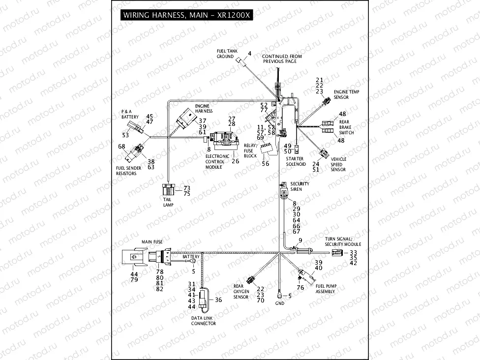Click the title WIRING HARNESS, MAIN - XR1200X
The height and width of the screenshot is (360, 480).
coord(187,15)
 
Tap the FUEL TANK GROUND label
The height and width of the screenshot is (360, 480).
coord(225,54)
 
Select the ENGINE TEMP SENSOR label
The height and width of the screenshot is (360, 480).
coord(345,94)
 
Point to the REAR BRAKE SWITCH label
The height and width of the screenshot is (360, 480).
coord(346,127)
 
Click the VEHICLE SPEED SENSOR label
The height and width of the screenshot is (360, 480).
coord(338,164)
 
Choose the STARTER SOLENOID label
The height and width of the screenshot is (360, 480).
coord(296,161)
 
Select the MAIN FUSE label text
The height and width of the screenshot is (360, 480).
coord(152,242)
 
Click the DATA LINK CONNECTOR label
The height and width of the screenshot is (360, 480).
coord(204,321)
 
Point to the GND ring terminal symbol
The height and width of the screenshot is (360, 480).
coord(279,296)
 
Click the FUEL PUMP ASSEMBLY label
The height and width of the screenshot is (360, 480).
coord(326,289)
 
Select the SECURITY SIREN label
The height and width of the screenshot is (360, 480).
coord(300,186)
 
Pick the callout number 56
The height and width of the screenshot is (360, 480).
coord(265,164)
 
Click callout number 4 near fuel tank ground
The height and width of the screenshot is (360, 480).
coord(249,53)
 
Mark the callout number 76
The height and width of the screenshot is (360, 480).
coord(300,288)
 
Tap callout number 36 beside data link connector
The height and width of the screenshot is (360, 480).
coord(218,300)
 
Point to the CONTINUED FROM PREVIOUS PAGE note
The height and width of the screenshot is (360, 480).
coord(282,59)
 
